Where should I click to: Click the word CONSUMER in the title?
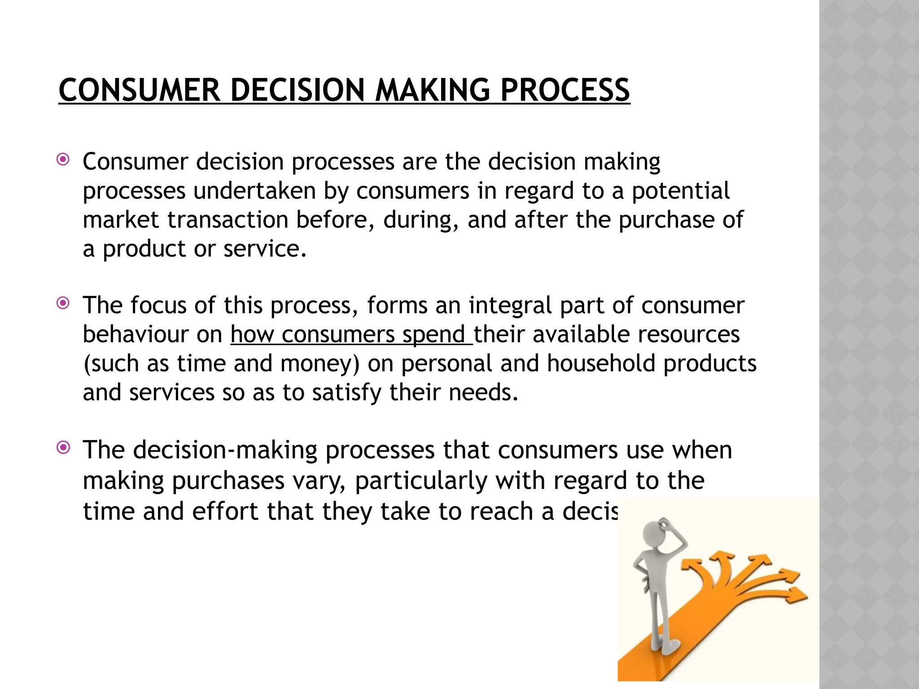(x=139, y=91)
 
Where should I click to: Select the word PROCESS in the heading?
(x=565, y=91)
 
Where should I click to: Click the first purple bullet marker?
(x=63, y=159)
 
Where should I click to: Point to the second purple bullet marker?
(x=63, y=303)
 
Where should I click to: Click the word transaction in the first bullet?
(x=228, y=220)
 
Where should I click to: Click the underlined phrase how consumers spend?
(x=351, y=335)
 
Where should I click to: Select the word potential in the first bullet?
(x=680, y=191)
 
